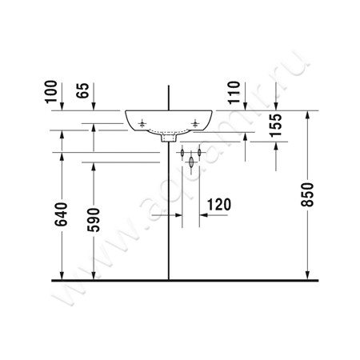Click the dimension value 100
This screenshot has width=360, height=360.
tap(51, 91)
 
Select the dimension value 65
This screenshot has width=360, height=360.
tap(82, 90)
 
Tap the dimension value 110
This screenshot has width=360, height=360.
tap(234, 92)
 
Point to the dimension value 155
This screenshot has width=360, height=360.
tap(275, 126)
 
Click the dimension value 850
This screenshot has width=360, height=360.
tap(307, 194)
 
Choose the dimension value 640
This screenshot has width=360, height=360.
tap(61, 214)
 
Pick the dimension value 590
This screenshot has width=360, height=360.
tap(94, 220)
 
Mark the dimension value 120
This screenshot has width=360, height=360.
tap(219, 205)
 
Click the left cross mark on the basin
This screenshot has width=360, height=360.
tap(142, 123)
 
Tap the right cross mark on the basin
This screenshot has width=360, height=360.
tap(195, 123)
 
